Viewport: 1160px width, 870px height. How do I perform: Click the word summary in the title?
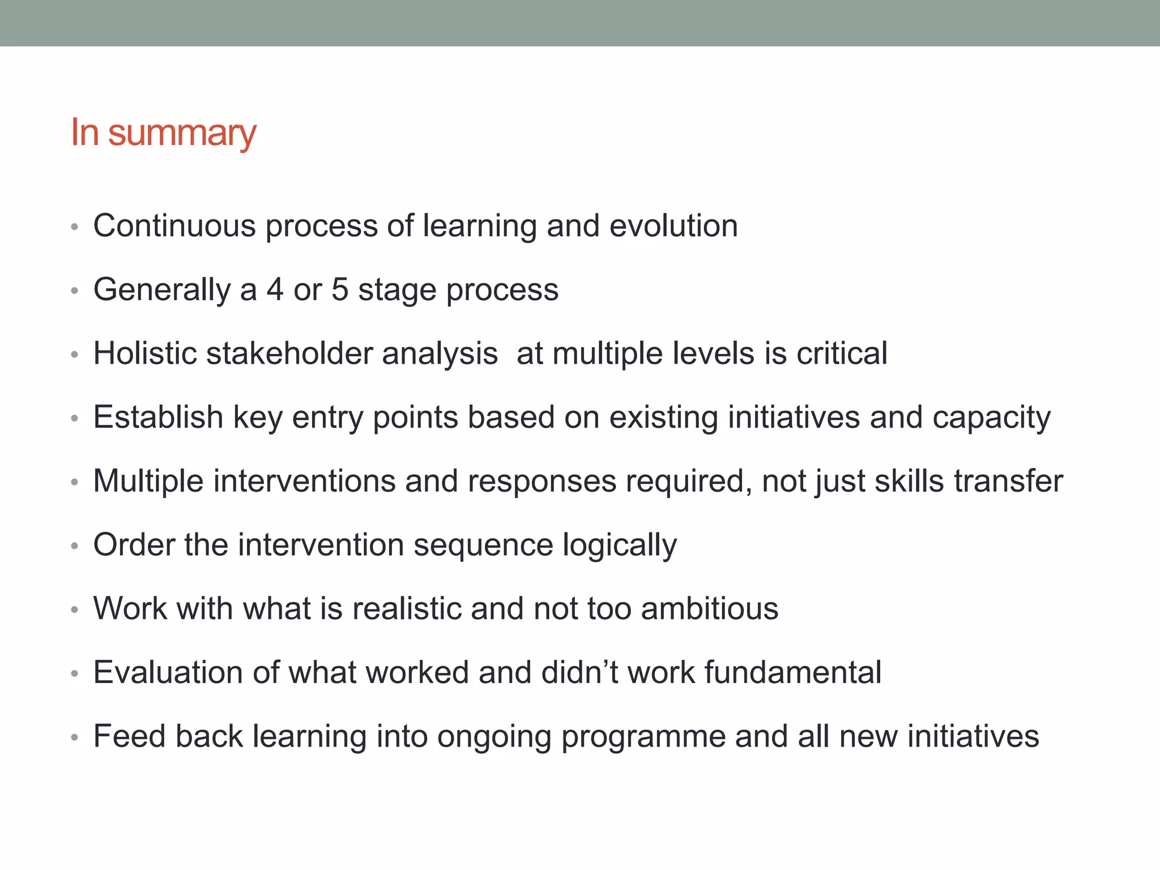click(182, 134)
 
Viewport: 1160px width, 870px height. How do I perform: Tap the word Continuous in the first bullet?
click(174, 226)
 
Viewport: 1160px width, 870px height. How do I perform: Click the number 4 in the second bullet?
click(275, 289)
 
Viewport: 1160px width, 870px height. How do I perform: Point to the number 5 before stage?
click(340, 289)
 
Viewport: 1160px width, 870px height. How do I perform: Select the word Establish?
click(158, 417)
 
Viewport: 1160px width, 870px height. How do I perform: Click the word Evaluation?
click(168, 672)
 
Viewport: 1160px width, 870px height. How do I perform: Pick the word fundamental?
click(793, 672)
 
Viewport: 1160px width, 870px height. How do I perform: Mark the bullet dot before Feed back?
click(74, 737)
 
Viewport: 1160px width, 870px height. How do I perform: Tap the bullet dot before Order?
click(74, 546)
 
